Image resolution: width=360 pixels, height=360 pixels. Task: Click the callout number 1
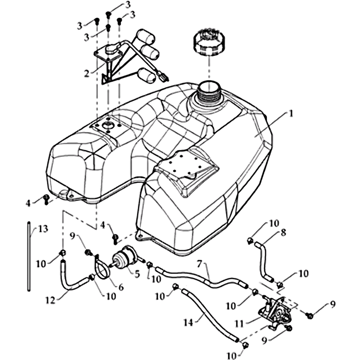(291, 114)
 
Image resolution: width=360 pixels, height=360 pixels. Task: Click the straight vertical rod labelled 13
(29, 256)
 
